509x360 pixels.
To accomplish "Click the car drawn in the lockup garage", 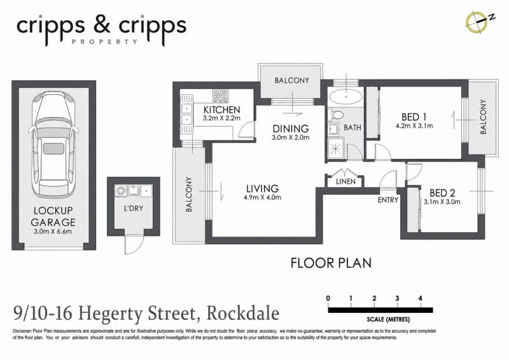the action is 53,144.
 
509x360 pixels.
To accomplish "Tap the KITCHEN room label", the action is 221,110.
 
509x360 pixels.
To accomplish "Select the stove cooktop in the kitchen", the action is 221,95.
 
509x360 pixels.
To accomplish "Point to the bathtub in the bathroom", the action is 345,97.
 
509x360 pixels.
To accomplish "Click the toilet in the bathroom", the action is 335,115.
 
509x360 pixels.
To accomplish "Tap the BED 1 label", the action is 414,116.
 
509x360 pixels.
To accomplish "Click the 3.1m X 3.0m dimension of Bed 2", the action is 442,202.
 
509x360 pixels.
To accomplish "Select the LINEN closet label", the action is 345,181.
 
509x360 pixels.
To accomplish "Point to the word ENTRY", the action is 388,200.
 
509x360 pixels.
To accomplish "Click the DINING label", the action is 291,128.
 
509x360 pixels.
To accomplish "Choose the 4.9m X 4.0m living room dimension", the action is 263,197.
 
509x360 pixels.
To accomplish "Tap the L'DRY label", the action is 134,208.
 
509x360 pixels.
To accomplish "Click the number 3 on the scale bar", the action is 397,298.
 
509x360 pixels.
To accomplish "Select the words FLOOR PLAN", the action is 331,263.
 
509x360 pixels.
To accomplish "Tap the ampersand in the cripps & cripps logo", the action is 102,26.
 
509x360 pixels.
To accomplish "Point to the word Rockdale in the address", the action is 243,314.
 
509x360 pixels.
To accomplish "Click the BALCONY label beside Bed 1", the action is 483,117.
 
